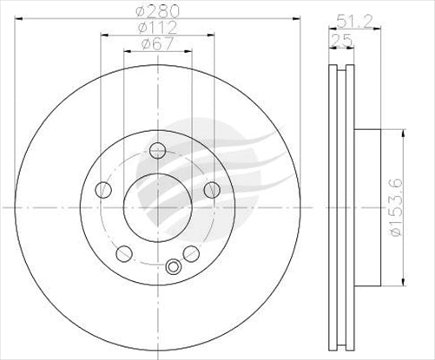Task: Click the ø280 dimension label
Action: click(157, 11)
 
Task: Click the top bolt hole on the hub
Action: click(157, 151)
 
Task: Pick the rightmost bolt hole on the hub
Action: click(211, 190)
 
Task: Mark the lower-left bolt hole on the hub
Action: click(124, 253)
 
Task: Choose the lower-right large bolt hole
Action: click(190, 253)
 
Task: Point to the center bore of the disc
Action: click(157, 207)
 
